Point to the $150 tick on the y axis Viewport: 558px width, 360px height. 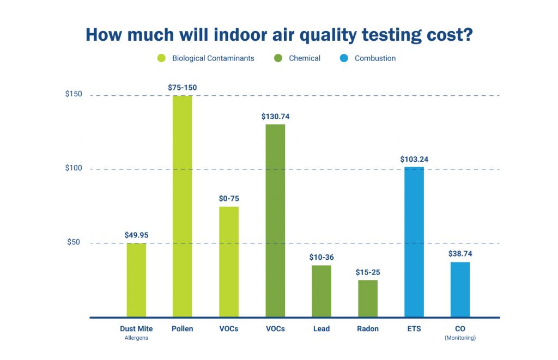74,95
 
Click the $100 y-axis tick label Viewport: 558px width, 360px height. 74,168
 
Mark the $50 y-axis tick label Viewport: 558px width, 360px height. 74,242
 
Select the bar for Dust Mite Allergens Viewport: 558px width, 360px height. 136,280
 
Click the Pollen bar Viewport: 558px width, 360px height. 182,206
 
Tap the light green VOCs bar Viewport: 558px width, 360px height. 229,262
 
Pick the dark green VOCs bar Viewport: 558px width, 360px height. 275,221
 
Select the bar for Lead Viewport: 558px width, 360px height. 322,291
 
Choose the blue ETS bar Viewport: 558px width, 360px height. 414,242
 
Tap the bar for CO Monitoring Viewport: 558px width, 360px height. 460,290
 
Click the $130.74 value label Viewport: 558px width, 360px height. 275,117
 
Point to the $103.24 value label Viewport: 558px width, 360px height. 414,160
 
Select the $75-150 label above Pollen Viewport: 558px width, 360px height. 182,88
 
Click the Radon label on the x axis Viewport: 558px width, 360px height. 368,329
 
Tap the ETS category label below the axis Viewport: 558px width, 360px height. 414,329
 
